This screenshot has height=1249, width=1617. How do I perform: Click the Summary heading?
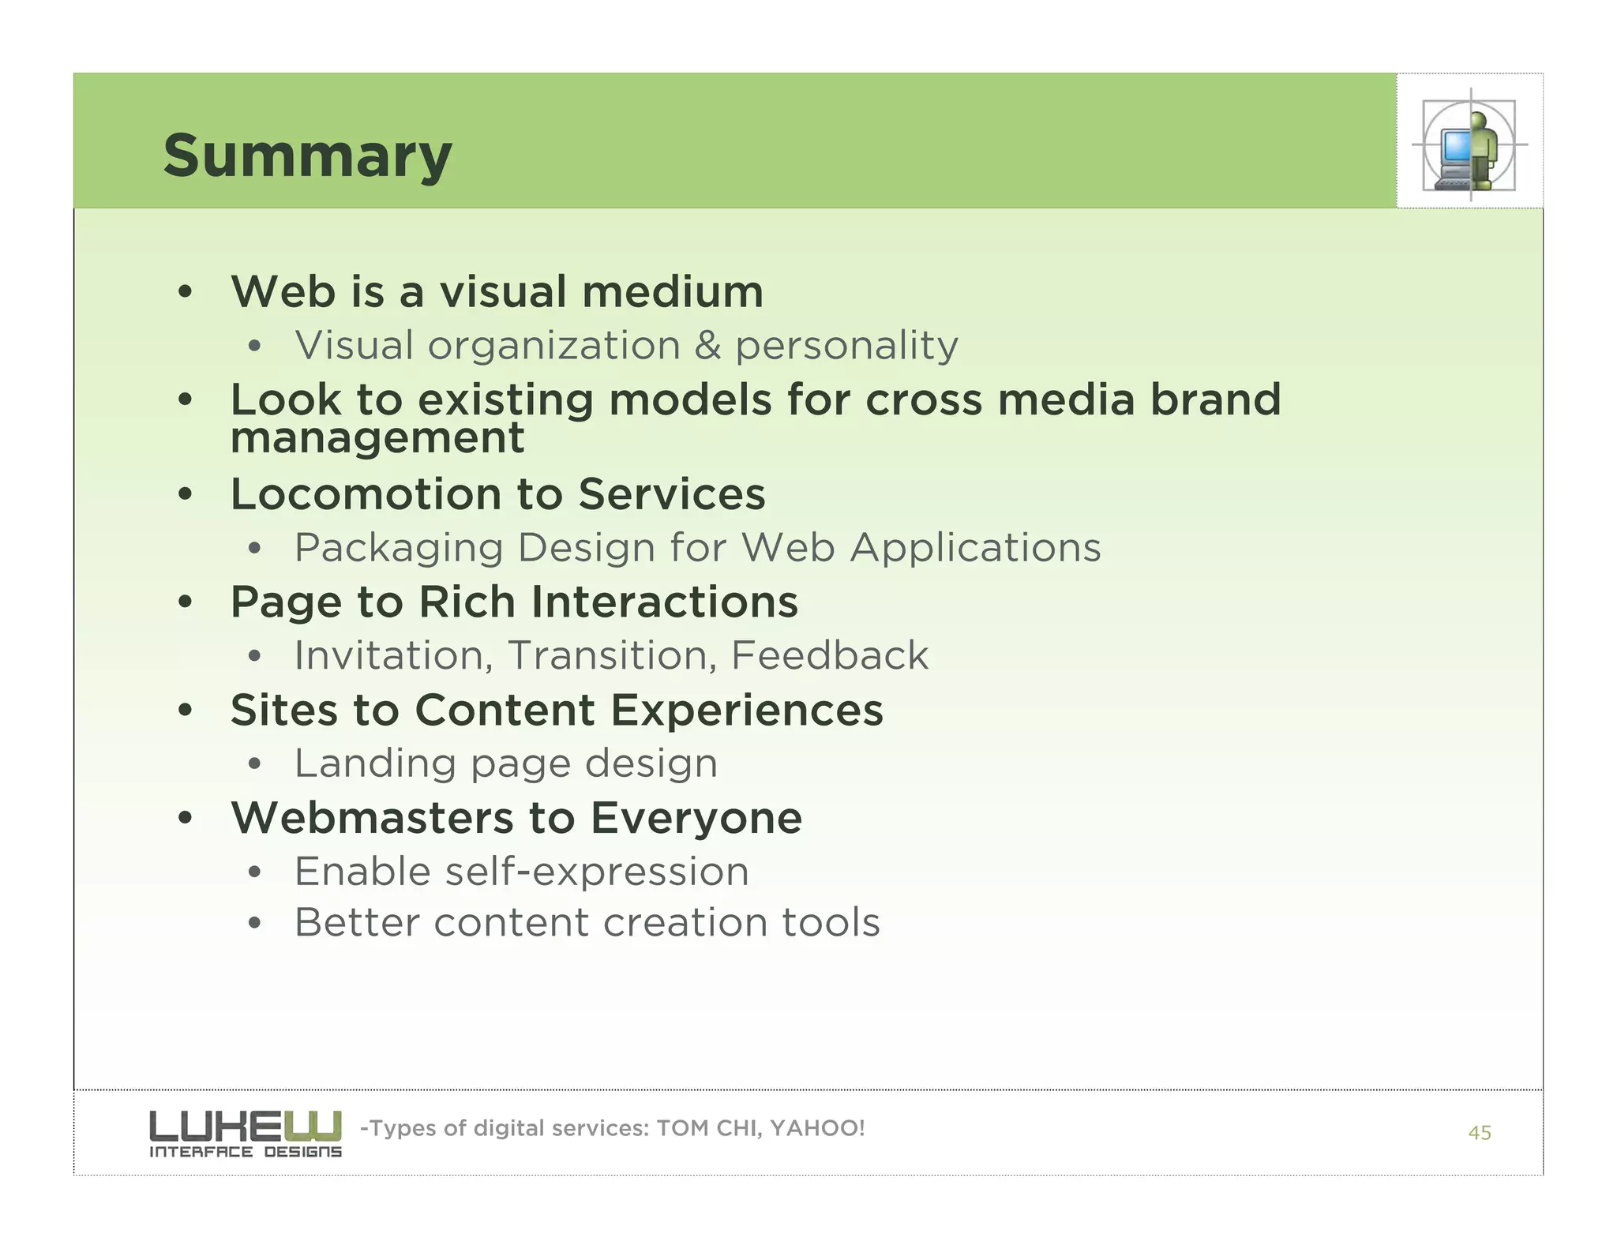307,156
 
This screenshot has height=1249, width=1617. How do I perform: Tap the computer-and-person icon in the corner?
1469,145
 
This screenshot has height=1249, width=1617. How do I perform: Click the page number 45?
1479,1133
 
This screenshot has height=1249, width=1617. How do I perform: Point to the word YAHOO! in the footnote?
816,1128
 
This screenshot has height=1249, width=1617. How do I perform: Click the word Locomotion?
365,494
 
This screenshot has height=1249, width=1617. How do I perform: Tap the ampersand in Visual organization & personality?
707,346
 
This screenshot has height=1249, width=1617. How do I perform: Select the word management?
377,438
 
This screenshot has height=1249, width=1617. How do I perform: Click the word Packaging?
399,548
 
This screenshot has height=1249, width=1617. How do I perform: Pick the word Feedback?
829,655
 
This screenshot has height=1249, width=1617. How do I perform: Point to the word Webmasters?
372,818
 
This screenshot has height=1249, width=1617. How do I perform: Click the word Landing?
375,763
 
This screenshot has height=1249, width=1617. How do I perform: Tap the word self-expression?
596,872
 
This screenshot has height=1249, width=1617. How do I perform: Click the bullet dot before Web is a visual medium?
185,293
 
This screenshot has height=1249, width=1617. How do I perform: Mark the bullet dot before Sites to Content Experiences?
185,711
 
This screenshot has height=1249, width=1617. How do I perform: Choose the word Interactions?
664,602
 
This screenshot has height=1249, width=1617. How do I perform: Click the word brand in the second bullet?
1214,399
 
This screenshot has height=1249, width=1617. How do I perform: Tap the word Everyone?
696,818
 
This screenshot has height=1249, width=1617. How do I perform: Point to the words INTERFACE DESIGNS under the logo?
245,1152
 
